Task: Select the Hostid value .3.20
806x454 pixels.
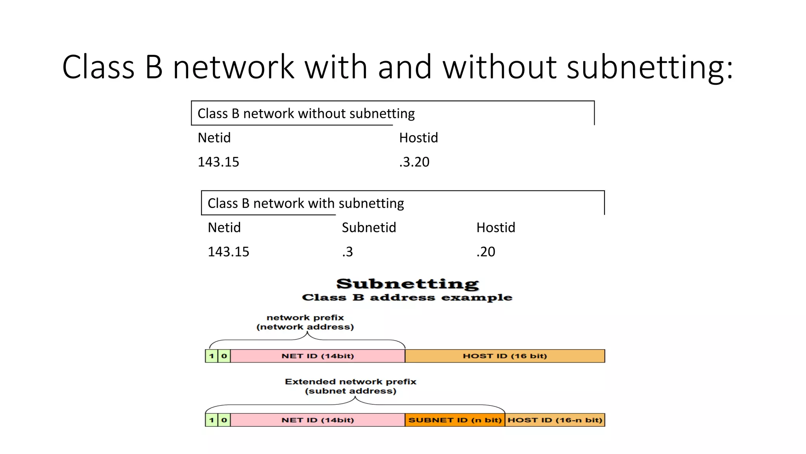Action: coord(414,162)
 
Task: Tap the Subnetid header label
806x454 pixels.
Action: coord(369,227)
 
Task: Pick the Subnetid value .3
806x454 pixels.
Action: coord(347,252)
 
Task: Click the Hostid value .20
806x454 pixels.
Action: coord(486,252)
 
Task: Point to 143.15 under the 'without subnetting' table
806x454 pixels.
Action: coord(218,162)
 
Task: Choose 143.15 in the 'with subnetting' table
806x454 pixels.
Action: coord(228,252)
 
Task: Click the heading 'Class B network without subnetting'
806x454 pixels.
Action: coord(306,113)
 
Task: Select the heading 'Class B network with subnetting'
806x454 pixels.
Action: coord(305,203)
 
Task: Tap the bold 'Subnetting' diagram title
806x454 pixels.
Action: coord(407,284)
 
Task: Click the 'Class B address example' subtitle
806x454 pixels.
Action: coord(407,298)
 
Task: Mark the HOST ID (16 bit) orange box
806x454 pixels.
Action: coord(505,356)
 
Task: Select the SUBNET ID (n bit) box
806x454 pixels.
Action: coord(455,420)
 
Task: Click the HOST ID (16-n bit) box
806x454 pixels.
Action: coord(555,420)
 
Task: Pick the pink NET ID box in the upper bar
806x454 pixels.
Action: coord(318,356)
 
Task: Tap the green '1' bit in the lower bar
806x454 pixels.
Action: coord(211,420)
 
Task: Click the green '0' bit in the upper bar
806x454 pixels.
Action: coord(224,356)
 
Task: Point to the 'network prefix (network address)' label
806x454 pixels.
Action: coord(305,322)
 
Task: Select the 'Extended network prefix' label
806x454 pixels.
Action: coord(350,381)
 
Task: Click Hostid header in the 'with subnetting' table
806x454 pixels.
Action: coord(495,227)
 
